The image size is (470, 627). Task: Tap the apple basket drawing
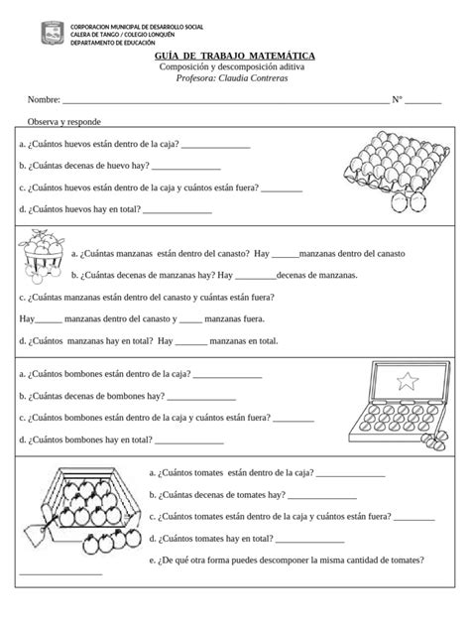click(41, 257)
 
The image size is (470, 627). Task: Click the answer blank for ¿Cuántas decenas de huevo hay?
click(187, 168)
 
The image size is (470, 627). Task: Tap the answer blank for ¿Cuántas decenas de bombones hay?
click(202, 397)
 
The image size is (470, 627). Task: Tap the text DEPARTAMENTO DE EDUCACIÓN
click(120, 44)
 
